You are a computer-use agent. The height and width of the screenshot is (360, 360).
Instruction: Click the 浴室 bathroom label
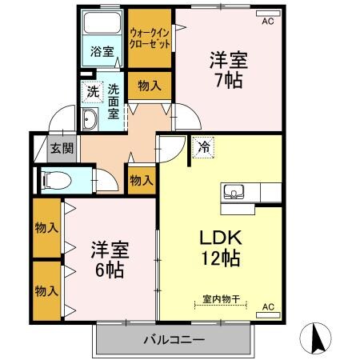(102, 52)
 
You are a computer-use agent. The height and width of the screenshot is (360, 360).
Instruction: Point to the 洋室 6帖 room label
(106, 258)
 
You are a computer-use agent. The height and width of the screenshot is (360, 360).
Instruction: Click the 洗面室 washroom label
(114, 101)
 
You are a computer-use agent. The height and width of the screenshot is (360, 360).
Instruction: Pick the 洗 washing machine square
(94, 92)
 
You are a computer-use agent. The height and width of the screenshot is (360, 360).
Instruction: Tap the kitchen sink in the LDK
(234, 190)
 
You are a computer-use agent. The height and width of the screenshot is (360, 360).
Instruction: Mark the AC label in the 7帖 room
(266, 22)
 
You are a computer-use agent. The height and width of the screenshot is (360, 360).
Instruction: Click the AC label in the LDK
(267, 306)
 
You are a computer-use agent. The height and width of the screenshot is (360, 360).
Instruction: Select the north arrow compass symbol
(318, 339)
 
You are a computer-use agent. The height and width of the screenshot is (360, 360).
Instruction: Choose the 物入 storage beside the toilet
(141, 180)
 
